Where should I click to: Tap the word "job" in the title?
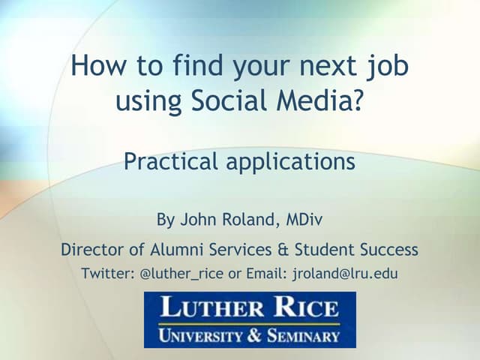pyautogui.click(x=389, y=67)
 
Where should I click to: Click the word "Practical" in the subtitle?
pyautogui.click(x=172, y=161)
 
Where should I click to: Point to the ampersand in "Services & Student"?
pyautogui.click(x=283, y=249)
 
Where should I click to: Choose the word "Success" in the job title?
pyautogui.click(x=386, y=249)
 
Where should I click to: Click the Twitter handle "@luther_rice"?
pyautogui.click(x=181, y=274)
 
